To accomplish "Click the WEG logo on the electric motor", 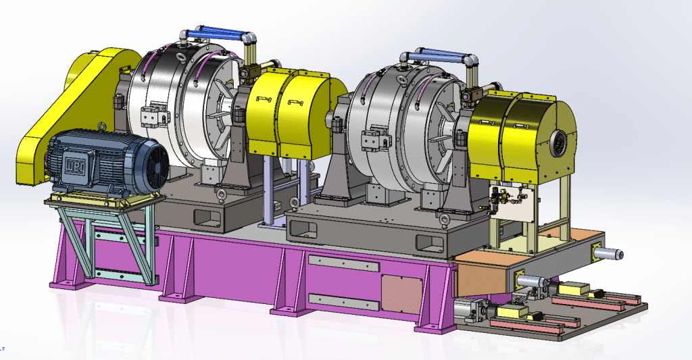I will [x=71, y=163].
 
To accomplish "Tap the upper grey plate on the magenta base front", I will [x=343, y=262].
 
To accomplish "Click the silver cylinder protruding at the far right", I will [x=612, y=253].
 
